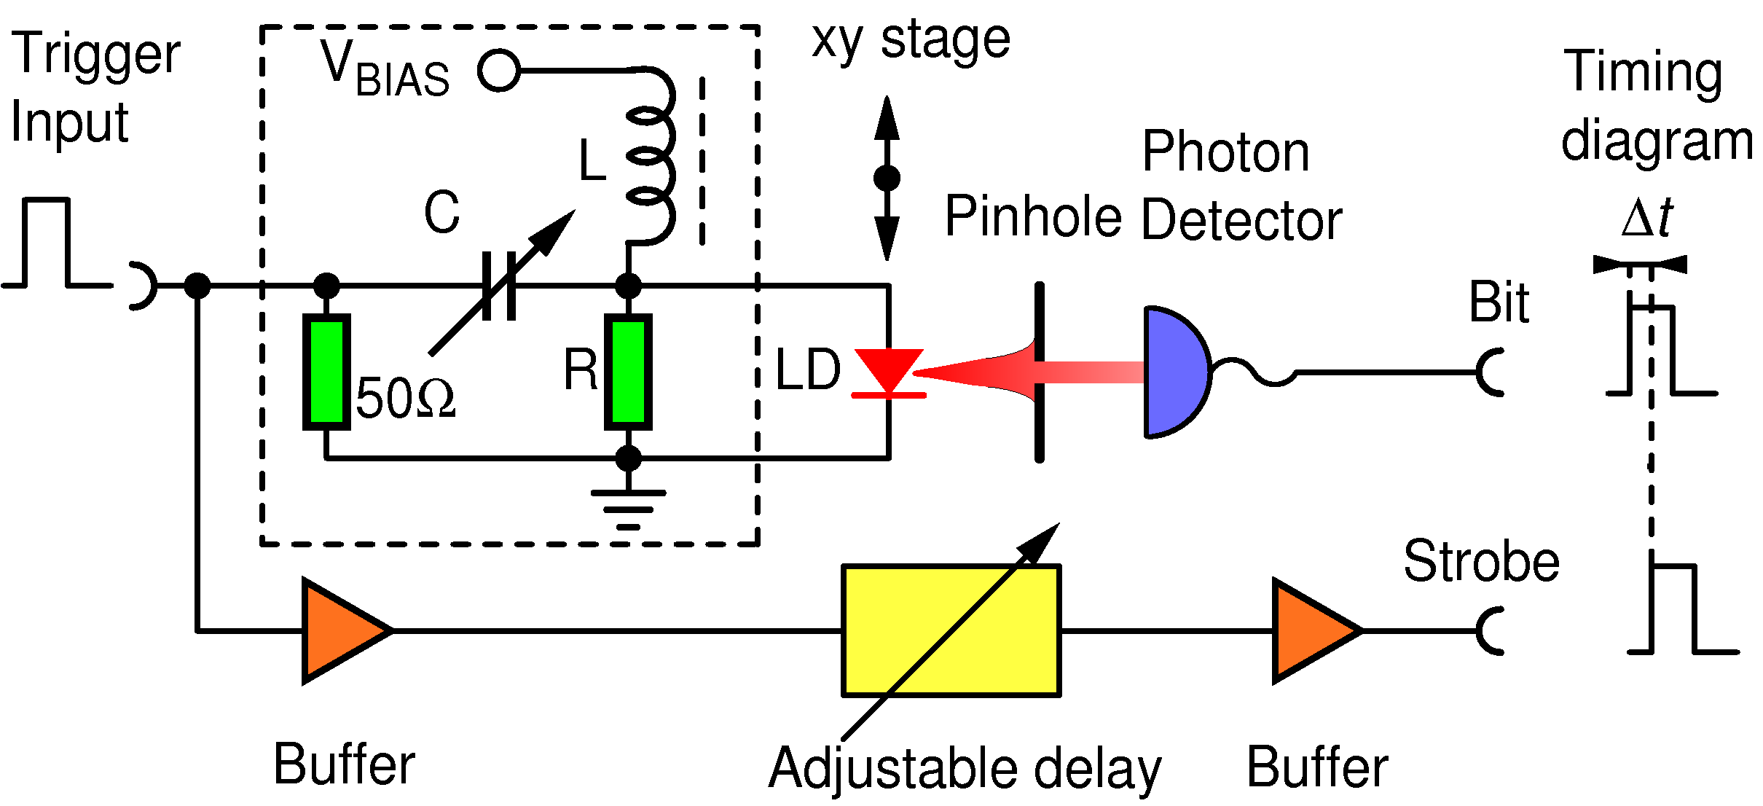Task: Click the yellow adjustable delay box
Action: [951, 630]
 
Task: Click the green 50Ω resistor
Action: [326, 372]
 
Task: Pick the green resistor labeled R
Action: [628, 372]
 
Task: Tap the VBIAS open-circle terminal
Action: [499, 71]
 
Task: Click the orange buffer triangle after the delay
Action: [1311, 631]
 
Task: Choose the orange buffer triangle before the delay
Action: [341, 631]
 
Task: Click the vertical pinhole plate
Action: [1040, 372]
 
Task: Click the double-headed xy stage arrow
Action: [887, 178]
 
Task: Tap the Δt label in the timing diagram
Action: [1647, 218]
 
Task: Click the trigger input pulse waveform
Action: [47, 243]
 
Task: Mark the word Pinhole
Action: [1033, 217]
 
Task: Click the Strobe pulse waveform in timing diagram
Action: [1676, 609]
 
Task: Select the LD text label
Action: [808, 370]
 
